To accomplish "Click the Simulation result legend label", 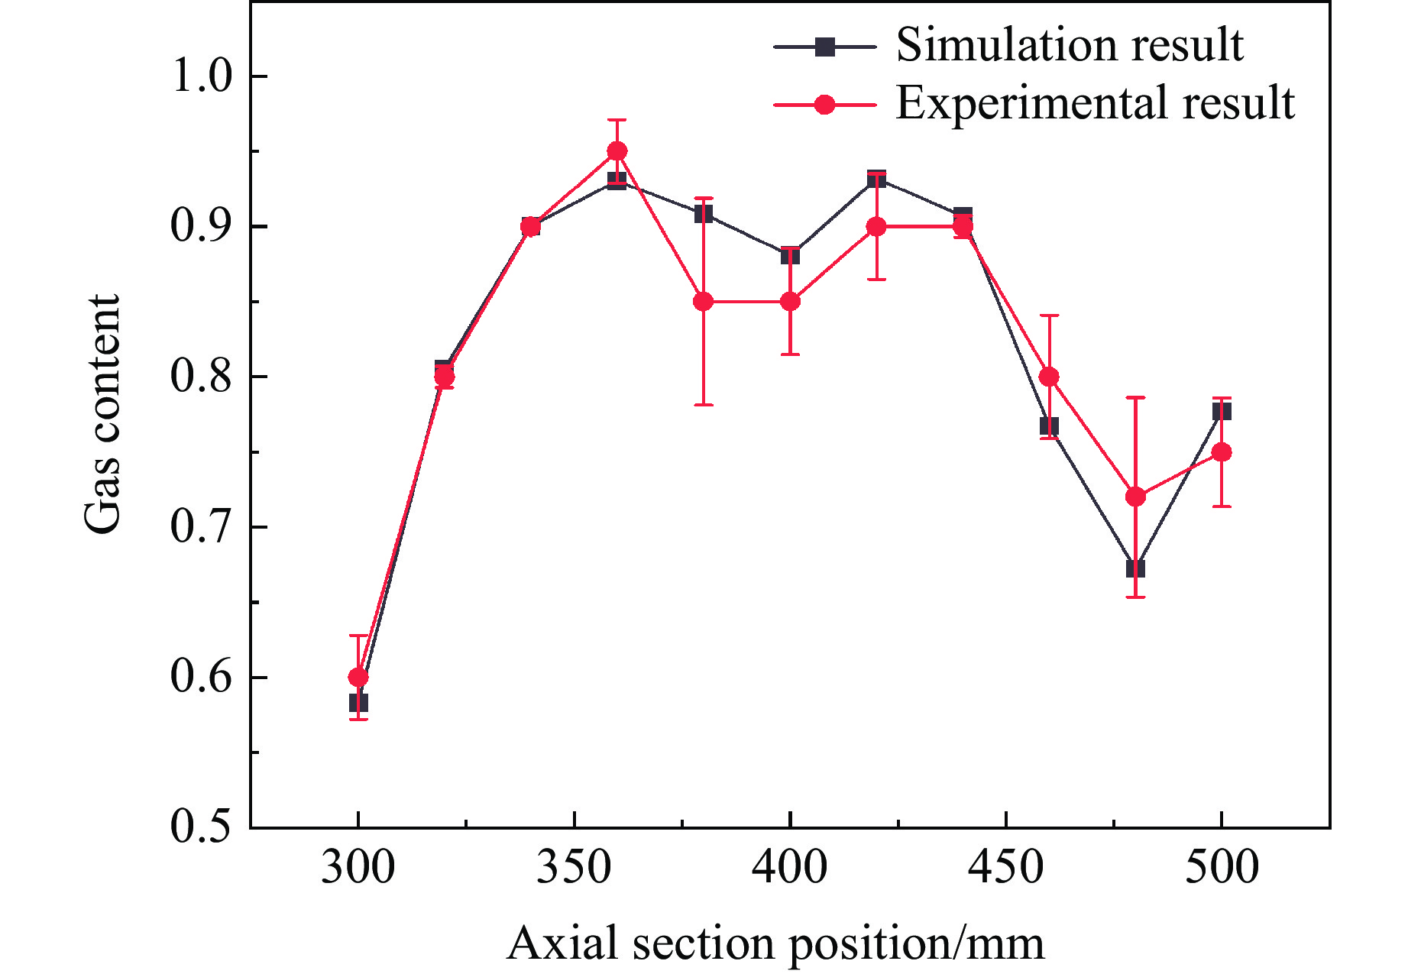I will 1070,45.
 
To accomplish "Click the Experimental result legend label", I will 1095,103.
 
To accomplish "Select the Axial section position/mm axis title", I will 775,943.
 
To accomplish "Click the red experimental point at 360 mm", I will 617,151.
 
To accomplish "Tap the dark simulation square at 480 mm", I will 1135,569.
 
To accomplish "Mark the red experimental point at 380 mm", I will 704,302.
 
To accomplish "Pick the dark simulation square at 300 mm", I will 358,702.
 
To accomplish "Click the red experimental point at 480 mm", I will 1135,497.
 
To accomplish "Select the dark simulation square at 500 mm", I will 1222,412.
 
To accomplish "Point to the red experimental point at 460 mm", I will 1049,377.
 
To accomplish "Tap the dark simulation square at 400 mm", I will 790,255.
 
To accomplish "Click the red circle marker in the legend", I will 824,105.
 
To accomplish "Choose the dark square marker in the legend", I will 824,47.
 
